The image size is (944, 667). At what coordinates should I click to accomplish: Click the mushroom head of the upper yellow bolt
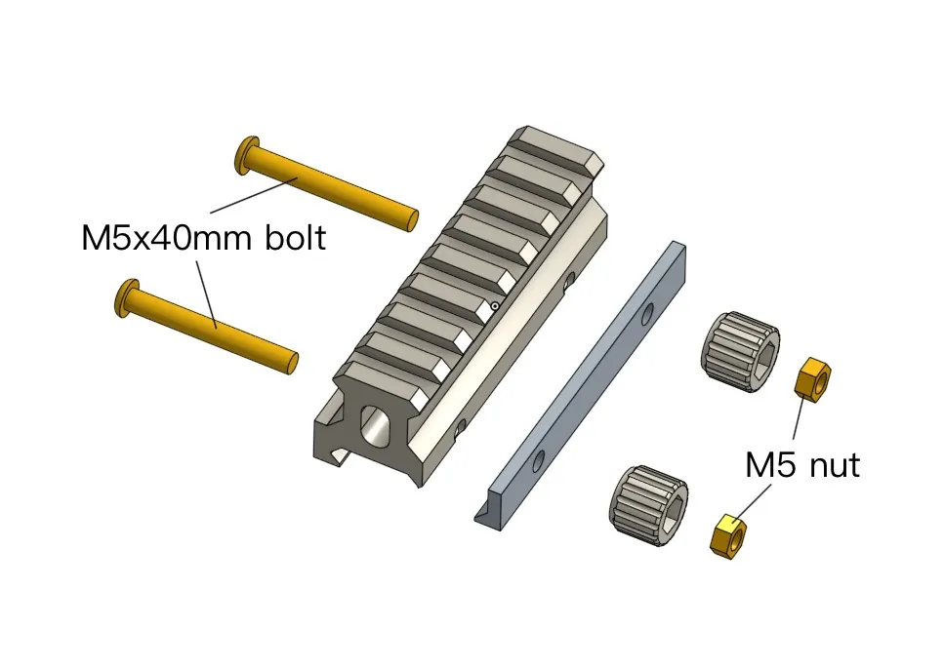[x=247, y=155]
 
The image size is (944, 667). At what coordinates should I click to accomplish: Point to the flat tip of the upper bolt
[x=413, y=219]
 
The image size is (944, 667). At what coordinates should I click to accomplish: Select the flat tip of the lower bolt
[x=293, y=363]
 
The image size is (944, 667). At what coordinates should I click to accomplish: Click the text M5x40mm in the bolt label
[x=157, y=238]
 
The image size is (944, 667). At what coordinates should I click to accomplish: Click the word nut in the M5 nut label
[x=833, y=465]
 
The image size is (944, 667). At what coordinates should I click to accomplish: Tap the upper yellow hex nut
[x=813, y=378]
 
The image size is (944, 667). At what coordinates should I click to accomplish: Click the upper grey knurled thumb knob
[x=739, y=352]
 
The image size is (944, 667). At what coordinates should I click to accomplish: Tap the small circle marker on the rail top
[x=495, y=306]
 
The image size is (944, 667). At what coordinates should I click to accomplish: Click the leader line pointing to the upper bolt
[x=253, y=194]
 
